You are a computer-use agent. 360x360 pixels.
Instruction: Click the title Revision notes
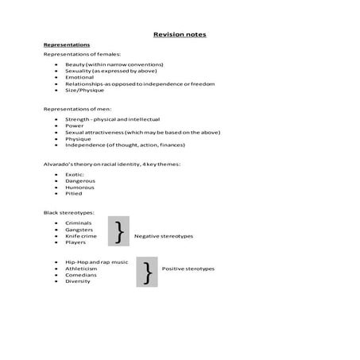180,34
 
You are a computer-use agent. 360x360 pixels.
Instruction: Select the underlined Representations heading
66,45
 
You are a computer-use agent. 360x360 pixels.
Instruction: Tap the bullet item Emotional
79,77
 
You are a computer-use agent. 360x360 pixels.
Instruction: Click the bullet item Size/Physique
84,90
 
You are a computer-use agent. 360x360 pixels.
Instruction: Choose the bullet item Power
74,126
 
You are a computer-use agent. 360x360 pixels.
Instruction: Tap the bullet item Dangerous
80,180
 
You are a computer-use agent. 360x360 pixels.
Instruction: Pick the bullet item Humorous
80,187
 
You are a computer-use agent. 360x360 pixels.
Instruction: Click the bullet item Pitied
74,193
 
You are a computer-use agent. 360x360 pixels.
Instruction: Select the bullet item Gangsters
79,230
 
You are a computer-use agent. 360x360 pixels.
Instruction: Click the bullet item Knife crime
81,236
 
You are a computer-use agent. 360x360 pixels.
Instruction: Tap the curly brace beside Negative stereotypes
118,231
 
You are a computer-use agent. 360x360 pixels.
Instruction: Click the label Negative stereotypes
164,236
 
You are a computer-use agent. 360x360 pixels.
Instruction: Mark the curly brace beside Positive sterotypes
147,272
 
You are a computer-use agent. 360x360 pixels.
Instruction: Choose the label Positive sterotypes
188,269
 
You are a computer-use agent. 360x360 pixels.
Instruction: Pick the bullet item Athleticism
81,269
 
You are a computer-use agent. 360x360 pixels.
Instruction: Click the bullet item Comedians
80,275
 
